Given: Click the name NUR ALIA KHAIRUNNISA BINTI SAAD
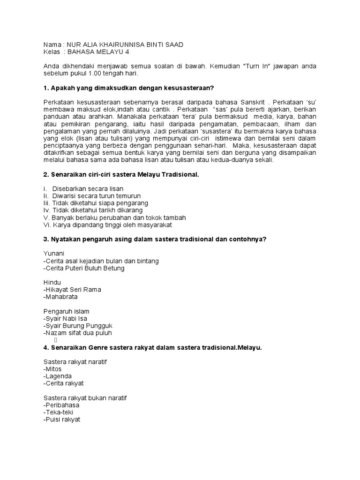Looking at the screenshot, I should pos(126,45).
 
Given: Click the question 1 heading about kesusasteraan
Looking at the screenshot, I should pos(129,88).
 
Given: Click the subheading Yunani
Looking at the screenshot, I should pos(54,254).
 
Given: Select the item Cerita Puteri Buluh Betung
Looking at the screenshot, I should pos(84,268).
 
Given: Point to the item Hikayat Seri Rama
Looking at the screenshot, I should pos(73,290).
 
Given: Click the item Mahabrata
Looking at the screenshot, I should pos(61,297).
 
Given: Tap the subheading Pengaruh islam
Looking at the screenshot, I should pos(66,311).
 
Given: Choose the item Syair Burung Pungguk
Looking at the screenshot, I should pos(78,325).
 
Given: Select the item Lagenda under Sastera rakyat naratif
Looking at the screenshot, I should pos(58,376).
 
